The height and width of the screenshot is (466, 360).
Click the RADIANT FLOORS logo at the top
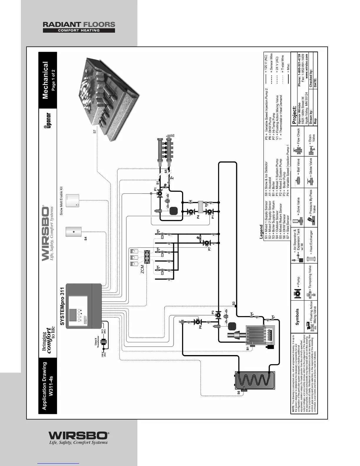(x=79, y=27)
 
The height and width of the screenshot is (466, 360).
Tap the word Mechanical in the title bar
(x=46, y=81)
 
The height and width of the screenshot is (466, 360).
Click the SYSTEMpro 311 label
(x=62, y=306)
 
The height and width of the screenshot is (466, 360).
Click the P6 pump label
(x=201, y=326)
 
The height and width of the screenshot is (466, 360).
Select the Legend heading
(x=261, y=232)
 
